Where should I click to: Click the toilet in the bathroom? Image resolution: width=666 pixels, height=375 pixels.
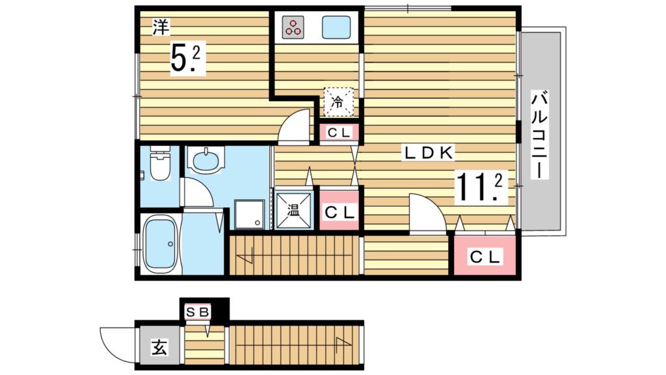point(159,166)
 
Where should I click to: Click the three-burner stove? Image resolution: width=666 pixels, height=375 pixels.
point(293,27)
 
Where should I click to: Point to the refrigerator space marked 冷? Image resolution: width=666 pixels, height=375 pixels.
point(339,101)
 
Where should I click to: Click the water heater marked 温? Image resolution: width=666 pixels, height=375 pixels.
point(293,210)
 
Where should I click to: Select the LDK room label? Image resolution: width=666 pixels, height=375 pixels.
point(429,154)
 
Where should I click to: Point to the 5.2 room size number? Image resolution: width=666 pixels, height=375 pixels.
point(187,59)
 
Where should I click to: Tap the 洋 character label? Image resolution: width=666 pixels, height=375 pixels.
point(160,27)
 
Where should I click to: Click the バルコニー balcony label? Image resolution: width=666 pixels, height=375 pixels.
point(539,135)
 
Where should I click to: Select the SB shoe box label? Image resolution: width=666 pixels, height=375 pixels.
point(197,312)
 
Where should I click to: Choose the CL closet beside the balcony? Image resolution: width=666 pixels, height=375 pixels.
point(485,257)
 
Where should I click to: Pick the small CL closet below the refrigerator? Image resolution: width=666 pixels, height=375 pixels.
point(339,133)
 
